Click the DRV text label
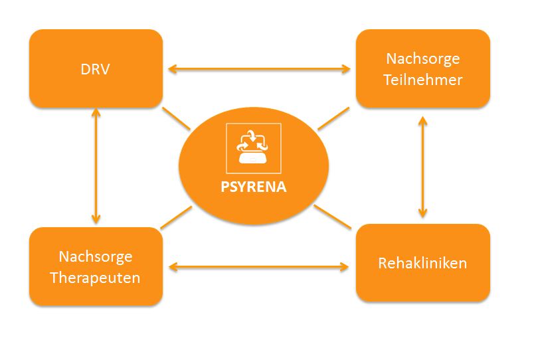point(95,69)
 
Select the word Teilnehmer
point(423,80)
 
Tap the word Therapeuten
point(95,278)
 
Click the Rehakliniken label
point(422,263)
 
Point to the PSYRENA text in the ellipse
point(253,187)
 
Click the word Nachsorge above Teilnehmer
point(423,59)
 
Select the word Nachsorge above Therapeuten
point(96,257)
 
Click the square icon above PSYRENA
point(254,148)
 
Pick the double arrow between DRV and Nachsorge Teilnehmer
point(259,69)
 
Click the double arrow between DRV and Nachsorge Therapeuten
point(96,166)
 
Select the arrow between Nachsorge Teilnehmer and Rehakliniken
point(423,167)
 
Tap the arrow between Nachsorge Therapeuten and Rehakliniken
point(259,267)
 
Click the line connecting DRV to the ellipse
point(176,119)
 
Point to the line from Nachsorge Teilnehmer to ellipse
point(333,119)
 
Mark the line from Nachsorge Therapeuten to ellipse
point(176,217)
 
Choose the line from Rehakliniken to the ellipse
point(333,217)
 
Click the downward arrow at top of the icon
point(252,135)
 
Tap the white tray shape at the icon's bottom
point(253,158)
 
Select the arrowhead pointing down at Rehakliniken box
point(423,214)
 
